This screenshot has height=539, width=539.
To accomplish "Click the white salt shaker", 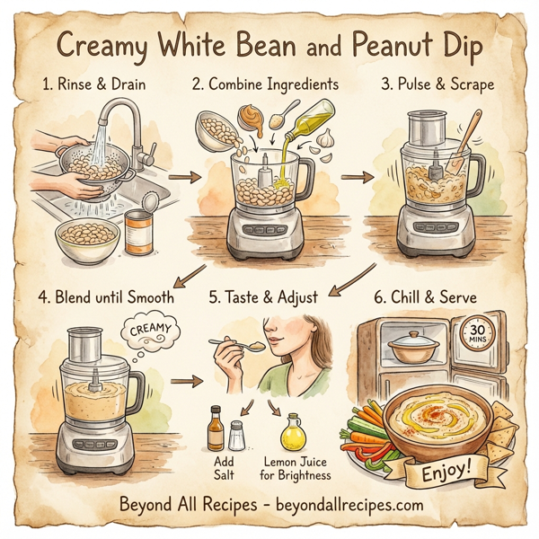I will (x=235, y=436).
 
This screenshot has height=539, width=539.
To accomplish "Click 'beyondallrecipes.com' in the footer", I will (x=343, y=506).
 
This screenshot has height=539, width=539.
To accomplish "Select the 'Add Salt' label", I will (x=224, y=467).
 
